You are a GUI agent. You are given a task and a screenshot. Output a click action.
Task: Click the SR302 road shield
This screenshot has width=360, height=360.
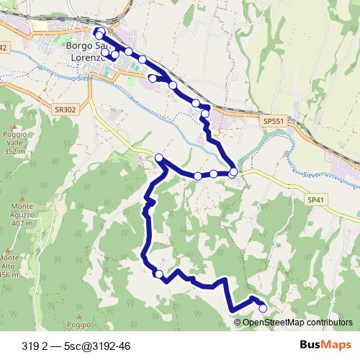64,109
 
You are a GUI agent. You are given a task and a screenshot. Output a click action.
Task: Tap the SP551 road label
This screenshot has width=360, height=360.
274,122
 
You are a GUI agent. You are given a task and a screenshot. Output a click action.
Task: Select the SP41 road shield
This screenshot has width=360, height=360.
315,199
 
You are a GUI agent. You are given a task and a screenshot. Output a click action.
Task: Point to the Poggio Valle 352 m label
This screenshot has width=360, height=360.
14,143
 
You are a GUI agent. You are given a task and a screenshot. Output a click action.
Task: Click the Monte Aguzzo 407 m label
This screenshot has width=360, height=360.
22,215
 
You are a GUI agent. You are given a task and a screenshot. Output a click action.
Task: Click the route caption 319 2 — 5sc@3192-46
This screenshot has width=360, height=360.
76,346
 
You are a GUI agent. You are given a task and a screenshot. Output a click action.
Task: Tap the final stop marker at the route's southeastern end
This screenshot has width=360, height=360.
263,308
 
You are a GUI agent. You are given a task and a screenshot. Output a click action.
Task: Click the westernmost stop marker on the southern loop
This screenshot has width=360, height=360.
158,273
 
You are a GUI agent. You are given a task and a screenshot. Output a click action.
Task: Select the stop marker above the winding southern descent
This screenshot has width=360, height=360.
158,158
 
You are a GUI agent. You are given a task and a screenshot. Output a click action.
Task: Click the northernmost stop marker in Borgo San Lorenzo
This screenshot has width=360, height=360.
99,31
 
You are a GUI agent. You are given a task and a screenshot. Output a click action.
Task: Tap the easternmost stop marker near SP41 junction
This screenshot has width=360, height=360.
233,172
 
